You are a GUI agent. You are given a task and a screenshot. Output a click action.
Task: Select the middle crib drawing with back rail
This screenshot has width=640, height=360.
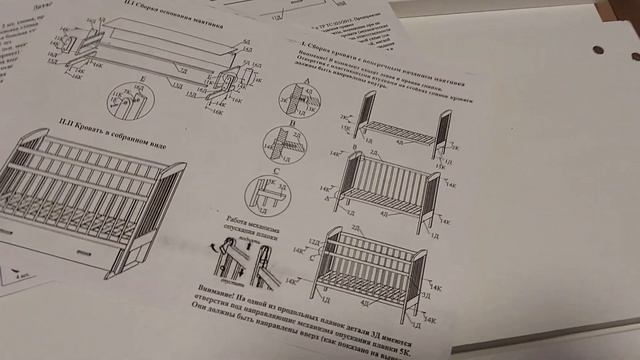385,185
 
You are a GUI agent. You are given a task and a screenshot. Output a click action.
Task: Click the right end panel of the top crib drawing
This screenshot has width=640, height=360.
441,130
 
